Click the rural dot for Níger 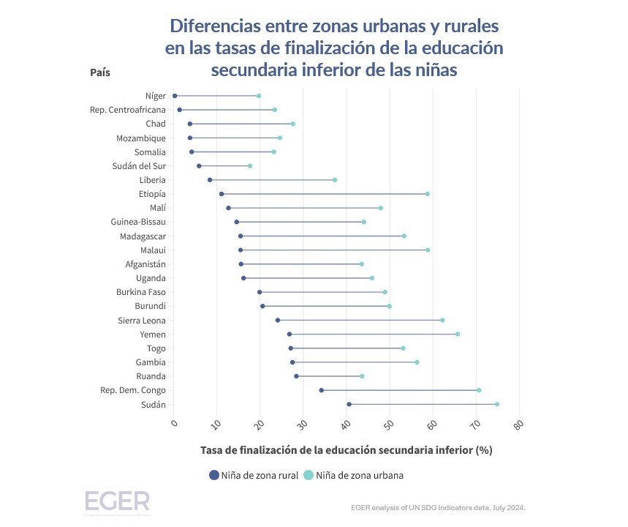point(175,96)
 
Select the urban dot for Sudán point(497,404)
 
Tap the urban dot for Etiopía point(428,194)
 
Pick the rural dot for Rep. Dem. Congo point(322,390)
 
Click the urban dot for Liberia point(335,180)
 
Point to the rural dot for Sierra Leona point(278,320)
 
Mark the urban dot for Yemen point(458,334)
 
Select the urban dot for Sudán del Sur point(250,166)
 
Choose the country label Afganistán point(145,263)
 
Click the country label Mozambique point(141,138)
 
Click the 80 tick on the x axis point(519,424)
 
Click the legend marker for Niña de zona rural point(214,475)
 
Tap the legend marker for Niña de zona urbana point(309,475)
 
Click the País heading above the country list point(100,72)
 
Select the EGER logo point(117,501)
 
